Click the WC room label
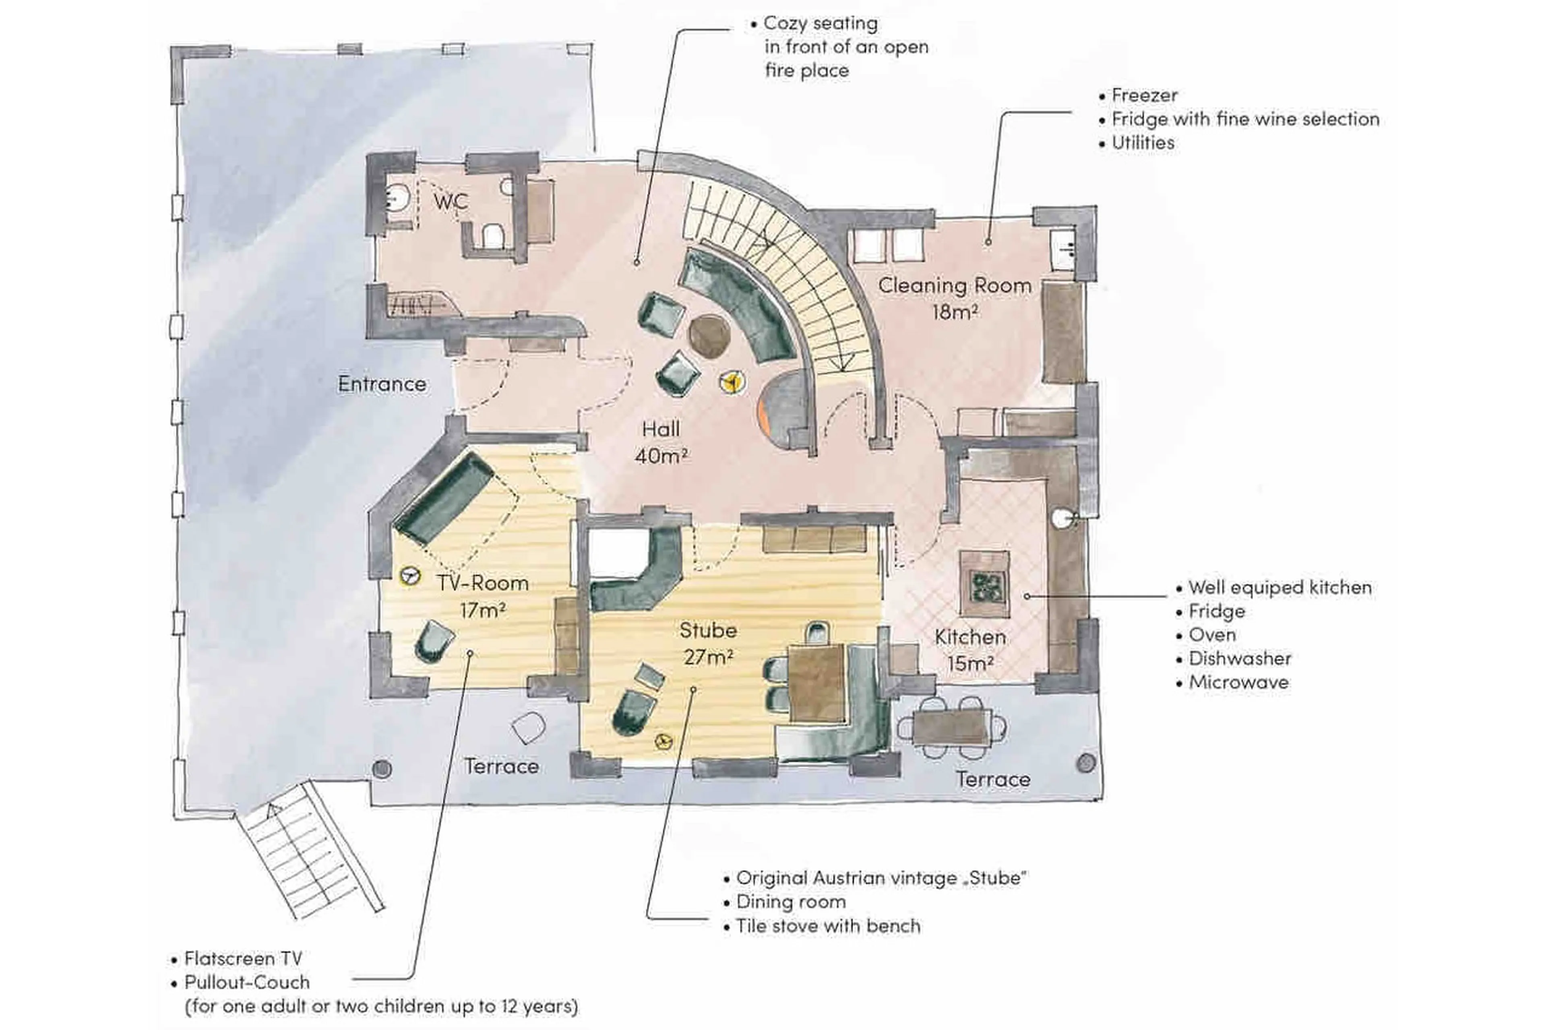click(451, 201)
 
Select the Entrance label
click(382, 384)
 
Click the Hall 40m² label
click(661, 442)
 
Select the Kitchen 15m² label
click(970, 650)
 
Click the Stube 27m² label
click(708, 643)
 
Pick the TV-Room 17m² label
click(483, 596)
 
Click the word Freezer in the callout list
click(1144, 95)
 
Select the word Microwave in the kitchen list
click(1238, 682)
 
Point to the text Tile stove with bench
click(827, 926)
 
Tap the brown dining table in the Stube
click(815, 683)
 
